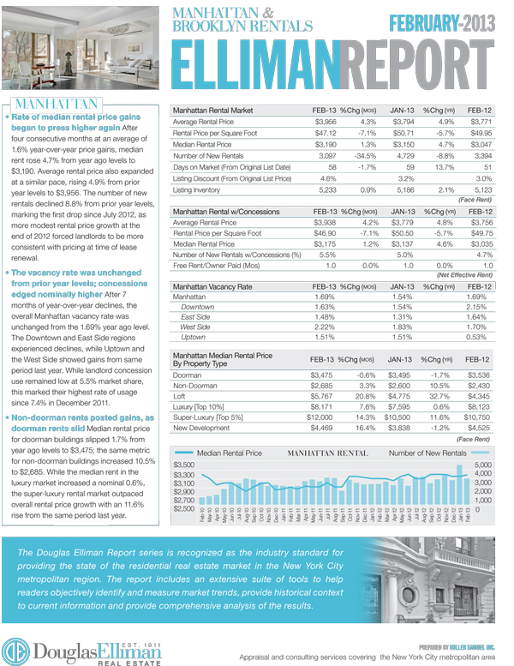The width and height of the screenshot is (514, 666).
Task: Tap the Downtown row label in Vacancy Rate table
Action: point(198,306)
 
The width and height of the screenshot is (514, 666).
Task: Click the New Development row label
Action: point(202,429)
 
